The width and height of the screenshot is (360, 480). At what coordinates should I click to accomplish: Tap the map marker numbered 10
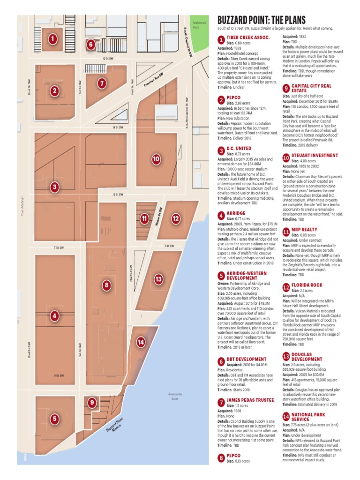[x=156, y=159]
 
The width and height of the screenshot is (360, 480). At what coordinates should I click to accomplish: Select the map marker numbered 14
[x=140, y=342]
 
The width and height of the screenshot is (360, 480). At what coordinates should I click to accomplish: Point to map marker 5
[x=55, y=419]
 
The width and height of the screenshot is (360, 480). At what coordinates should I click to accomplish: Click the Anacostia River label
[x=174, y=397]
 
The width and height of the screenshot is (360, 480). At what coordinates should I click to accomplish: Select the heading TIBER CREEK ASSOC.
[x=248, y=37]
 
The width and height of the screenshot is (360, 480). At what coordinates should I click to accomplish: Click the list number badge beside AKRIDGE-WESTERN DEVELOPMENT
[x=220, y=275]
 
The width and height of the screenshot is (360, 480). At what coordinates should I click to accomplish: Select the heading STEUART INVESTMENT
[x=315, y=155]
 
